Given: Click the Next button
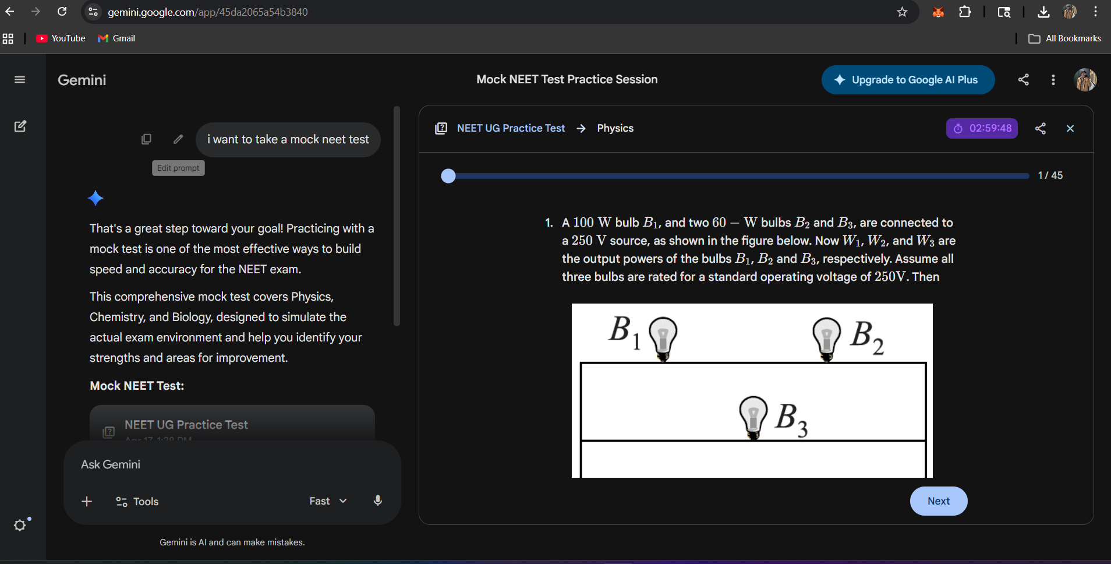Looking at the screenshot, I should click(938, 501).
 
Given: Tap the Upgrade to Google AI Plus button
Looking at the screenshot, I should click(908, 80).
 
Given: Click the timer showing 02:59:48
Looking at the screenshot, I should click(982, 128).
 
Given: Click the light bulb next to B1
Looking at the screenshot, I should click(663, 338).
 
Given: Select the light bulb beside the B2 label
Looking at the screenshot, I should click(826, 338).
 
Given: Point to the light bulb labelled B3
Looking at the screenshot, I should click(753, 416).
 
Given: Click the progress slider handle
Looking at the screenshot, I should click(448, 176).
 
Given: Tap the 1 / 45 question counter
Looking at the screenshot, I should click(1050, 175).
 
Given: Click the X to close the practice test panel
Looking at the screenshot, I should click(1070, 128).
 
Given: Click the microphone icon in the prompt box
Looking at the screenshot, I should click(378, 501).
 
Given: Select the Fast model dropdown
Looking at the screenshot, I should click(328, 501).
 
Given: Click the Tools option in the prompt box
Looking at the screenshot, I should click(137, 502).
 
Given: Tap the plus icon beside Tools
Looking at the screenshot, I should click(87, 502).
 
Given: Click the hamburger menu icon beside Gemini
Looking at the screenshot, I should click(20, 80).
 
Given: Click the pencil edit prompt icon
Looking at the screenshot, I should click(178, 139).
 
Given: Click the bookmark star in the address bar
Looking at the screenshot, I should click(902, 12).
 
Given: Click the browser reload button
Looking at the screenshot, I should click(62, 12).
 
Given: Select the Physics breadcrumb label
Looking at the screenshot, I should click(615, 128).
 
